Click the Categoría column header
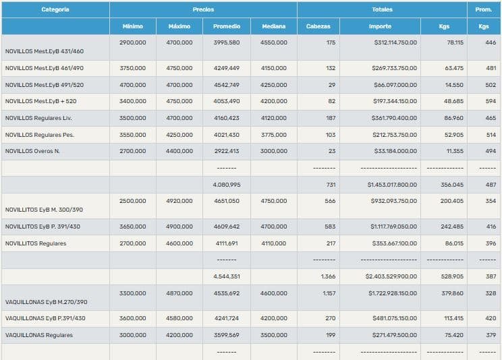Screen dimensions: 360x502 coord(55,9)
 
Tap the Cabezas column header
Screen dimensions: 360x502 coord(318,26)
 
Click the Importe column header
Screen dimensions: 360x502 coord(380,26)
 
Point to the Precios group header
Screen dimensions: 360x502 coord(203,9)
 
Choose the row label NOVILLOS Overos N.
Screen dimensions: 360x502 coord(32,151)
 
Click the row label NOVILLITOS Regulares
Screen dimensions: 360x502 coord(36,243)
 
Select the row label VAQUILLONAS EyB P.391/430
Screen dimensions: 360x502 coord(45,318)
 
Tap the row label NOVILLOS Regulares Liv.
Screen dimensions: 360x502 coord(37,118)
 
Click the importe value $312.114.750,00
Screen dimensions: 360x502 coord(395,42)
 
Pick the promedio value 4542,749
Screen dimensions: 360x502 coord(226,85)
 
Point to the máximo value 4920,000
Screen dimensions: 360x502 coord(179,201)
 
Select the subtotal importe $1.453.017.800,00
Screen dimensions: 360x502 coord(392,184)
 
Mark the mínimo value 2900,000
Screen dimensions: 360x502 coord(132,42)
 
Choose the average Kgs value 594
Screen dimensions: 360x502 coord(491,101)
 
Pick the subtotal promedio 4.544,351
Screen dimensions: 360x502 coord(226,276)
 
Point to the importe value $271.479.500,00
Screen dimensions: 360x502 coord(395,334)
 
